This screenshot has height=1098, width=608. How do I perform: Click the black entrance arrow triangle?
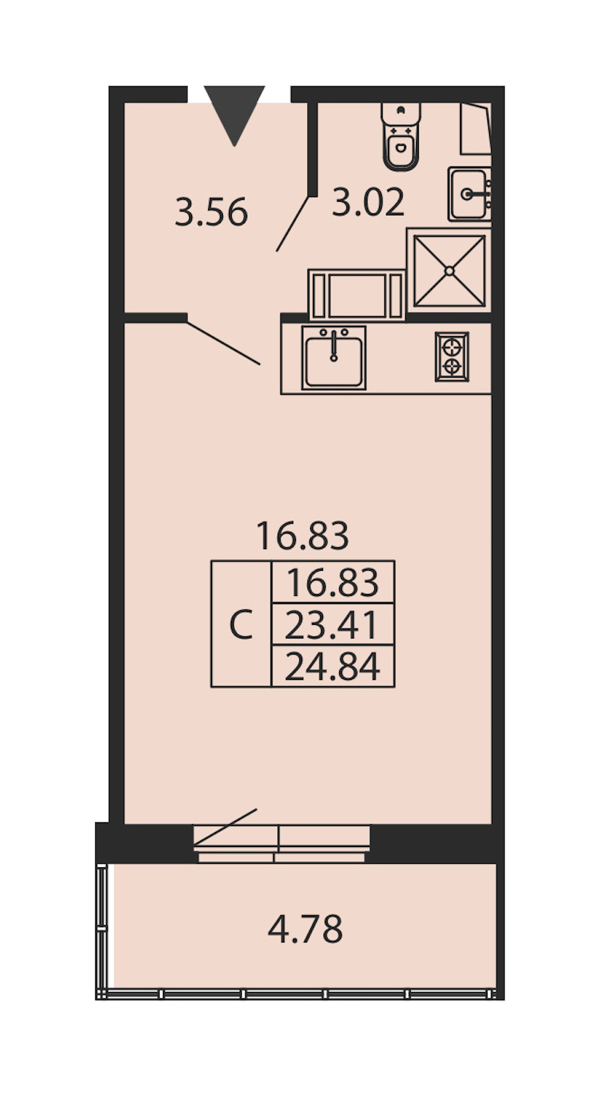coord(234,113)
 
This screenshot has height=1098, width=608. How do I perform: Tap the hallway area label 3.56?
coord(211,213)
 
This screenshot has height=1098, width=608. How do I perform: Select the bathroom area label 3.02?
coord(368,202)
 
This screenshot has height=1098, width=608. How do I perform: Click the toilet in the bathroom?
coord(401,136)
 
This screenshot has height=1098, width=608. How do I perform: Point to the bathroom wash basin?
coord(470,194)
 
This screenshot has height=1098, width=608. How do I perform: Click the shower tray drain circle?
coord(449,271)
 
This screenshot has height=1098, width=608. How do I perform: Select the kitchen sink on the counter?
coord(334,358)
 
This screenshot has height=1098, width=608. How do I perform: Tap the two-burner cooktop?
coord(452,356)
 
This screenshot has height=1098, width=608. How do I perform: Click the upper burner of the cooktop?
coord(451,347)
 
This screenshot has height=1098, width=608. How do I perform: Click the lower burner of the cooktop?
coord(451,366)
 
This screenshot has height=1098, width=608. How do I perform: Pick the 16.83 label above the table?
coord(302,535)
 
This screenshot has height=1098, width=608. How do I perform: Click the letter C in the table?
coord(241,624)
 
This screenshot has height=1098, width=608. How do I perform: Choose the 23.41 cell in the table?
coord(333,624)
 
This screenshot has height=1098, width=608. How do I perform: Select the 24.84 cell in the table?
coord(333,666)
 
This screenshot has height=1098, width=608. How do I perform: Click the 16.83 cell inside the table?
coord(333,582)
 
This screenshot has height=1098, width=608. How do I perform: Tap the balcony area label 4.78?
coord(305,929)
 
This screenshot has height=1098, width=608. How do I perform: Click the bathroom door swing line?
coord(293,223)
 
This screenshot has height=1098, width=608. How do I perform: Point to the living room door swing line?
coord(224,343)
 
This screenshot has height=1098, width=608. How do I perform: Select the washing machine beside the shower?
coord(357,295)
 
